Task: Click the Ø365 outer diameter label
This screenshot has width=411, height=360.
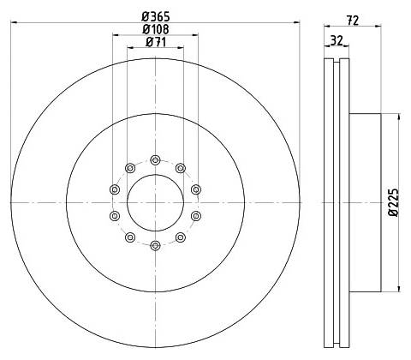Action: point(156,16)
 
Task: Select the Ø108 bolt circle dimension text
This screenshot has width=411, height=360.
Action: point(156,29)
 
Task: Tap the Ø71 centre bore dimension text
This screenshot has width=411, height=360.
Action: point(156,42)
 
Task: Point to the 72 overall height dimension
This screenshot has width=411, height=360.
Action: point(353,21)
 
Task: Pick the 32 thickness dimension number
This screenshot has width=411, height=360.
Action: point(337,40)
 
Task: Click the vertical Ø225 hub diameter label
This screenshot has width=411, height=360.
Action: point(394,202)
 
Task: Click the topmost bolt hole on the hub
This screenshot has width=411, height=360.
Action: point(155,160)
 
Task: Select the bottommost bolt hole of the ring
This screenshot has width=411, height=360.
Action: point(155,245)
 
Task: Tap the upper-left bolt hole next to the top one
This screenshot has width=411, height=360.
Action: point(130,168)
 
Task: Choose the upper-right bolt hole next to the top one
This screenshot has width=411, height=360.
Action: point(181,168)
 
